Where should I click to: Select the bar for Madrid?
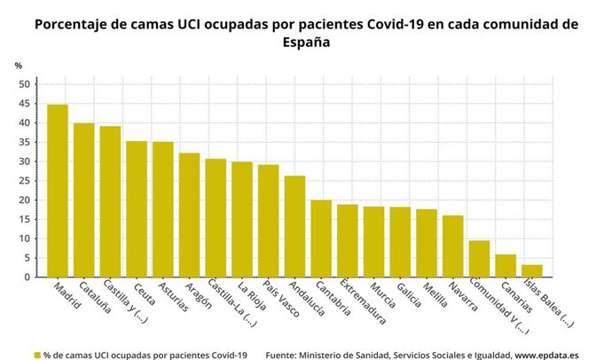(58, 191)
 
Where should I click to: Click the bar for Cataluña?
(84, 200)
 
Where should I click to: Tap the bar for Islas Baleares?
(532, 270)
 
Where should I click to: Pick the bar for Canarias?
(506, 266)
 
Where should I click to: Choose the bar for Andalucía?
(294, 226)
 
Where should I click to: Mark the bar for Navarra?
(453, 246)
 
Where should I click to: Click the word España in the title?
(305, 42)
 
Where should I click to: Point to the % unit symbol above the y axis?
(19, 66)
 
